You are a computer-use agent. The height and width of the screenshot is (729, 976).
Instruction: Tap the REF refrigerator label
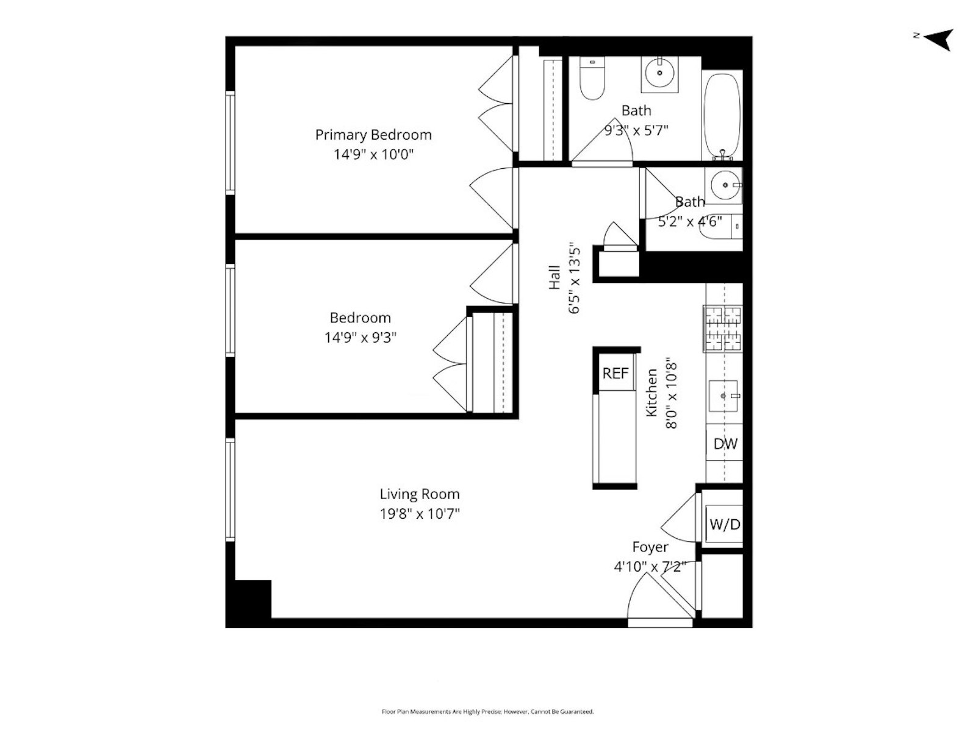(615, 373)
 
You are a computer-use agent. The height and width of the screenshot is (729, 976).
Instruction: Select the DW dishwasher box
(725, 444)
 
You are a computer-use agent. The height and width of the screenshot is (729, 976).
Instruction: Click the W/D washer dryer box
(725, 524)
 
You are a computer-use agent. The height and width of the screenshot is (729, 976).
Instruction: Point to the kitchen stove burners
(723, 329)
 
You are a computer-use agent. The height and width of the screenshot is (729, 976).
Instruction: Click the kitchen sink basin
(724, 396)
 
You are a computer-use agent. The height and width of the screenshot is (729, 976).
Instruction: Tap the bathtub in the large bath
(723, 116)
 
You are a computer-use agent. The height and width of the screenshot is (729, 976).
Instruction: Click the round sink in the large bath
(660, 73)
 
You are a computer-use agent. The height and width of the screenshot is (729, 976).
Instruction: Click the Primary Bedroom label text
(373, 135)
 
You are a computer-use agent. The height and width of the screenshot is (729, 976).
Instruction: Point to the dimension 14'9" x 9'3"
(360, 337)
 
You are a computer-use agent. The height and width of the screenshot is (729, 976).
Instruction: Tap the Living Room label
(419, 494)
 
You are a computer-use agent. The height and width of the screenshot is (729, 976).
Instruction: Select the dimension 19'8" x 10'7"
(419, 514)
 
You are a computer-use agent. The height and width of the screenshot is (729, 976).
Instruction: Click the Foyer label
(650, 547)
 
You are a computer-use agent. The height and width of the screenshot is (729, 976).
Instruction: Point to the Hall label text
(554, 277)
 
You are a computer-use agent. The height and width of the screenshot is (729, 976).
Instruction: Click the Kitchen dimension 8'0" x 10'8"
(671, 393)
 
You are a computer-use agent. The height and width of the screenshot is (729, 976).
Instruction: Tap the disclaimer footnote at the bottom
(487, 711)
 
